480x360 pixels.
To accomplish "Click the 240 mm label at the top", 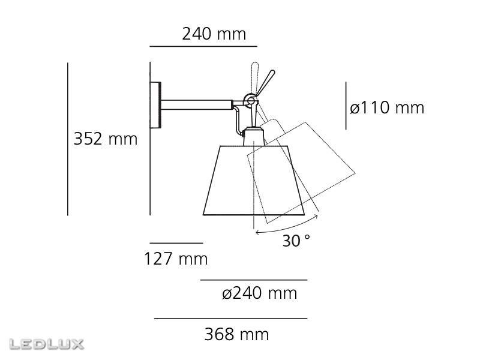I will click(214, 34).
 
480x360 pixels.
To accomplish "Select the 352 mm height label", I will click(106, 139).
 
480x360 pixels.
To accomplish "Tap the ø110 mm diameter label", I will click(387, 108).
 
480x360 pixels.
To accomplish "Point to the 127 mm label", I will click(176, 259).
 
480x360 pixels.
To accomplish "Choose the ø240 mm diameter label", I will click(259, 293).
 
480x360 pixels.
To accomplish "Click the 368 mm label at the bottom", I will click(236, 334).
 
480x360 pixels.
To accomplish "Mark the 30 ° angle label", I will click(296, 241).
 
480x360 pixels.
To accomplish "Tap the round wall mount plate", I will click(157, 105).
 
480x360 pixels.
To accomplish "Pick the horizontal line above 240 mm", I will click(203, 46).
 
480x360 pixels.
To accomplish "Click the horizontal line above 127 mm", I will click(176, 243).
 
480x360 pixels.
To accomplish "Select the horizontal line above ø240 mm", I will click(254, 280).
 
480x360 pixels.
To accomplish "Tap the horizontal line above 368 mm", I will click(231, 319).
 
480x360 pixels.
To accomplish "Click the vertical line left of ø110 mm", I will click(346, 106).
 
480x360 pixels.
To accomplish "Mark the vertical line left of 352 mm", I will click(68, 139).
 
